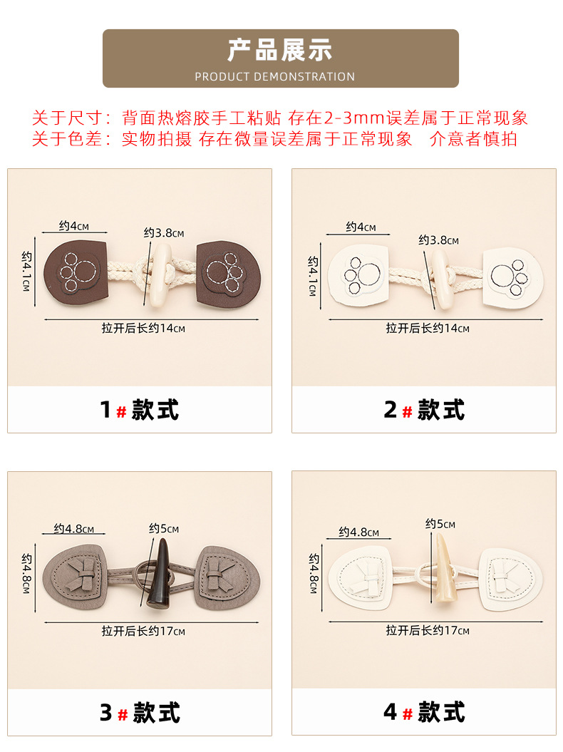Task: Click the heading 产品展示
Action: click(280, 51)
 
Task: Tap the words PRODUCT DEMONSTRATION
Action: click(274, 76)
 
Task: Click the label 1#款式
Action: click(139, 410)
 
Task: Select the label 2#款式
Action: click(424, 410)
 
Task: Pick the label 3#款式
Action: click(139, 713)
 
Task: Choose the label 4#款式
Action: click(424, 713)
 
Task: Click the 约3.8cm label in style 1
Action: click(163, 233)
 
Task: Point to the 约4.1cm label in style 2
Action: click(313, 276)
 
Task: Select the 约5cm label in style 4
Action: click(440, 524)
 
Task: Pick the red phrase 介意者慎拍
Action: click(473, 139)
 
